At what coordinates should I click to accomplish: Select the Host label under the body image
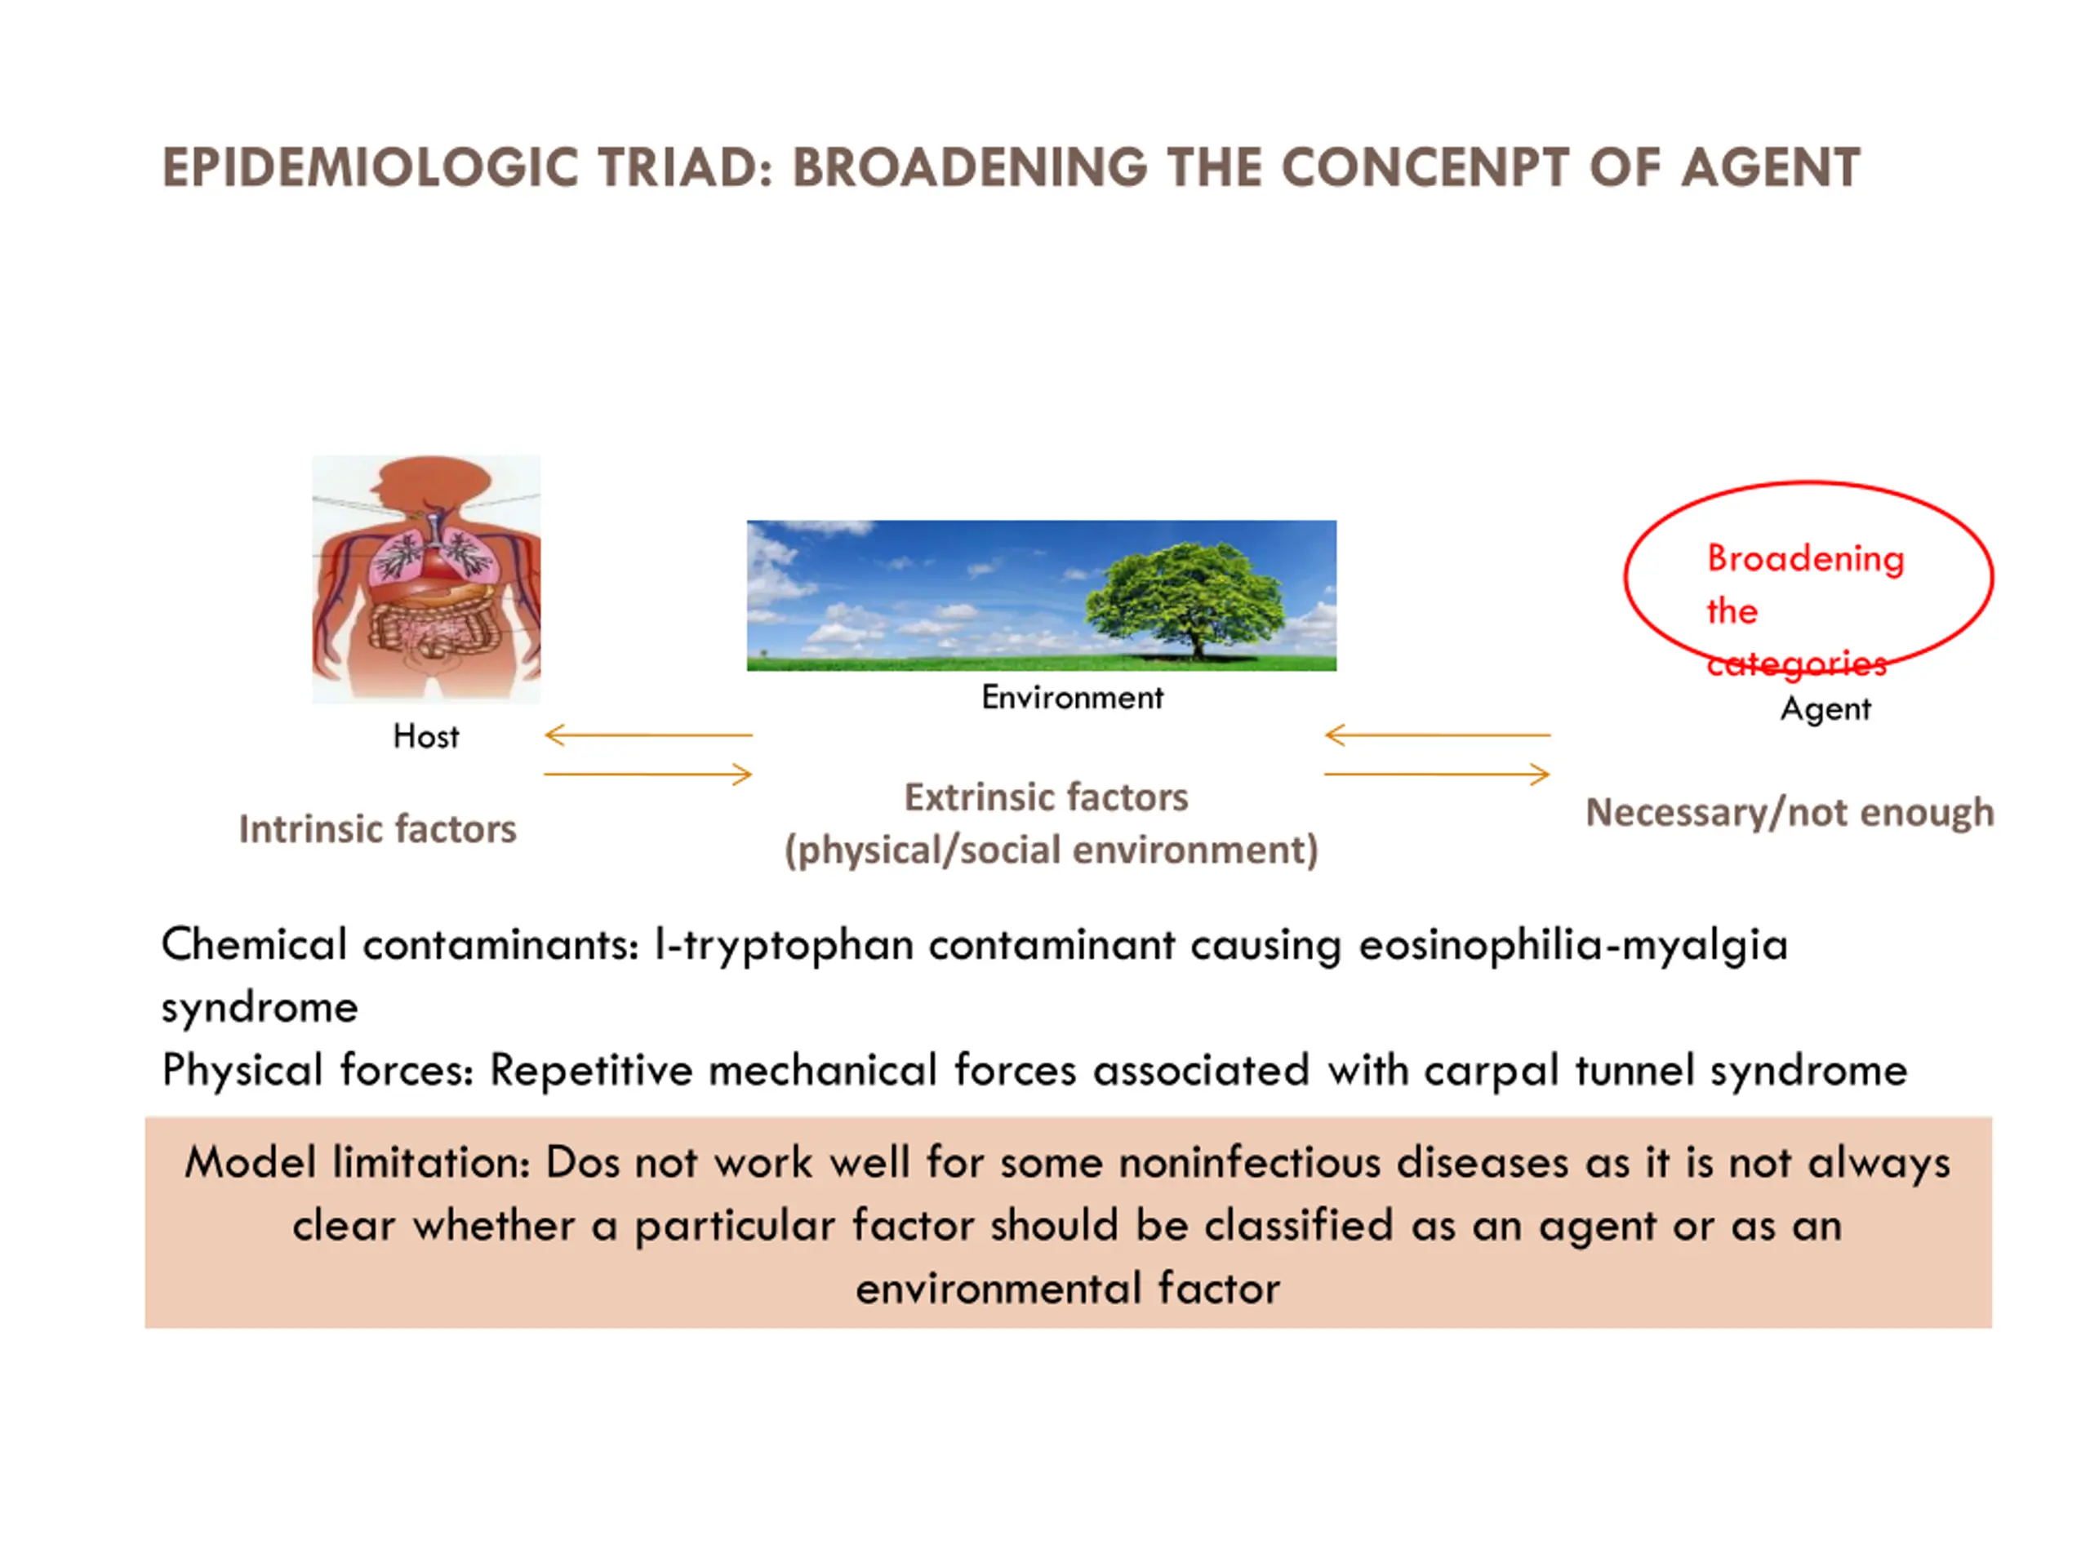pyautogui.click(x=425, y=736)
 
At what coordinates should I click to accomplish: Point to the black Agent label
pyautogui.click(x=1825, y=708)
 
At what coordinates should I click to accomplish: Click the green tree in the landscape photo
pyautogui.click(x=1185, y=595)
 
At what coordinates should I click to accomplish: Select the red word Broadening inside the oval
pyautogui.click(x=1804, y=559)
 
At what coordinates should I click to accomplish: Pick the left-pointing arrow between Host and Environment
pyautogui.click(x=648, y=734)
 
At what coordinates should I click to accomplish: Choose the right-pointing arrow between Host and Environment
pyautogui.click(x=648, y=775)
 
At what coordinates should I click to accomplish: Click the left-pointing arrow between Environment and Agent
pyautogui.click(x=1436, y=734)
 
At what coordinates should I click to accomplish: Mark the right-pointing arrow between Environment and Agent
pyautogui.click(x=1436, y=775)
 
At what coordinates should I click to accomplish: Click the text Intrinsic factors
pyautogui.click(x=377, y=829)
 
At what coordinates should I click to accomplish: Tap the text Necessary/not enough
pyautogui.click(x=1790, y=812)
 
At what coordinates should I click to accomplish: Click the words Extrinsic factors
pyautogui.click(x=1046, y=797)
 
